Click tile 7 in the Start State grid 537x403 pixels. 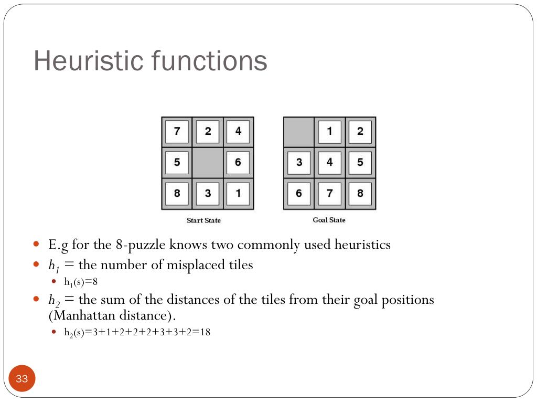[177, 132]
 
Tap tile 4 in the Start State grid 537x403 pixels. [238, 132]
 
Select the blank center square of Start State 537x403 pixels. [208, 163]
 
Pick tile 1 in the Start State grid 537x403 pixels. [238, 193]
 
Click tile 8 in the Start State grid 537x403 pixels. [177, 193]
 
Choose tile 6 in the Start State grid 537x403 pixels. [238, 163]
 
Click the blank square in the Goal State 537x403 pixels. [299, 132]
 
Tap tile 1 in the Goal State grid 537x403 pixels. [329, 132]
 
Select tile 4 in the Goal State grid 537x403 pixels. [329, 163]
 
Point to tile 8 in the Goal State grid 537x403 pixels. [360, 193]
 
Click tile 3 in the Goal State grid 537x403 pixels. [299, 163]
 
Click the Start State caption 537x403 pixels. [203, 220]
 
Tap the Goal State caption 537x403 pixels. [329, 220]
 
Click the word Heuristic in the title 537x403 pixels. [89, 61]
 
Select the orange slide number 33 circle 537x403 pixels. [22, 379]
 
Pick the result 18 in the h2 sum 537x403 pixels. [205, 332]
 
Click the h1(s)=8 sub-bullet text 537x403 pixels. [81, 282]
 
